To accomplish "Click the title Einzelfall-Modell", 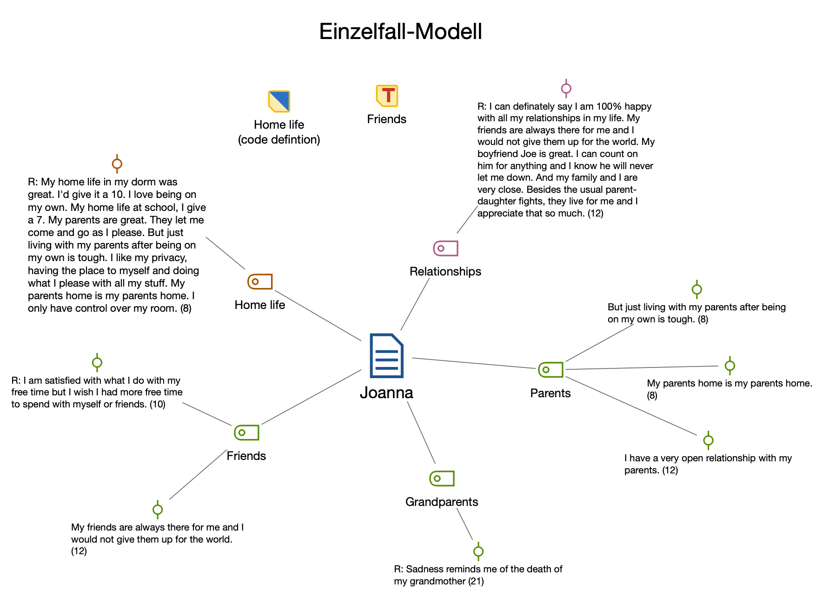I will click(400, 32).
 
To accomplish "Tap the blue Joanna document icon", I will click(386, 355).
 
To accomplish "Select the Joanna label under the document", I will click(386, 393).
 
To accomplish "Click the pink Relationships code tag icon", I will click(445, 249).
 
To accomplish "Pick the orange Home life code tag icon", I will click(260, 282).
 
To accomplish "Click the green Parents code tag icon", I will click(551, 370).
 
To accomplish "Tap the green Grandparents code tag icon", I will click(442, 478).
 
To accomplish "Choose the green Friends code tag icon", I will click(246, 433).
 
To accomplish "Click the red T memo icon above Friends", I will click(387, 96).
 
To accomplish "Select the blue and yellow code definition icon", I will click(279, 101).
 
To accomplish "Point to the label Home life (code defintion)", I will click(279, 132).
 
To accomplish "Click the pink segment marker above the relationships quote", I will click(566, 88).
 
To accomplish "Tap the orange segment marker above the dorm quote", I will click(117, 164).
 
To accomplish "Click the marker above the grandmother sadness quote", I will click(478, 551).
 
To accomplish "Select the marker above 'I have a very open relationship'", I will click(708, 440).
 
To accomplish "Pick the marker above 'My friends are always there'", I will click(158, 510).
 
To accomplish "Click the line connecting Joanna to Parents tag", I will click(474, 363).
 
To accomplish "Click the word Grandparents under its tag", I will click(442, 502).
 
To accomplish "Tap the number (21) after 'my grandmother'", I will click(476, 581).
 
